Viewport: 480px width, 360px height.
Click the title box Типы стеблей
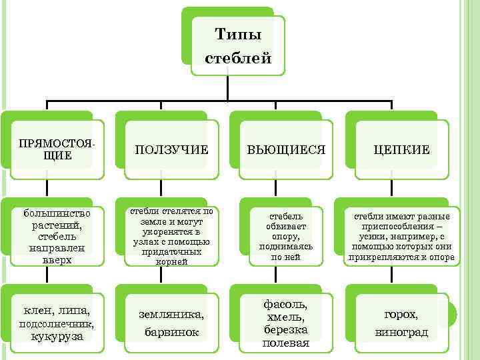tap(238, 45)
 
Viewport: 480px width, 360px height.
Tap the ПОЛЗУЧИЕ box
tap(171, 150)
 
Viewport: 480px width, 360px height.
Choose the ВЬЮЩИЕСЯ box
tap(286, 150)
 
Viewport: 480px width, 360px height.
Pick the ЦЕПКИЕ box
tap(401, 150)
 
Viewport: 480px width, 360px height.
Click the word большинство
tap(53, 214)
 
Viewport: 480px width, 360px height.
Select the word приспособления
tap(401, 226)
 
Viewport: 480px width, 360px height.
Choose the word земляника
tap(171, 314)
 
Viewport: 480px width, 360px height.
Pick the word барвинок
tap(171, 331)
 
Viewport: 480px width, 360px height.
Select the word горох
tap(401, 314)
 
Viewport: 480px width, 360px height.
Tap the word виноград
tap(401, 331)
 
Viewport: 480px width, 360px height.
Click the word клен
tap(38, 311)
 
